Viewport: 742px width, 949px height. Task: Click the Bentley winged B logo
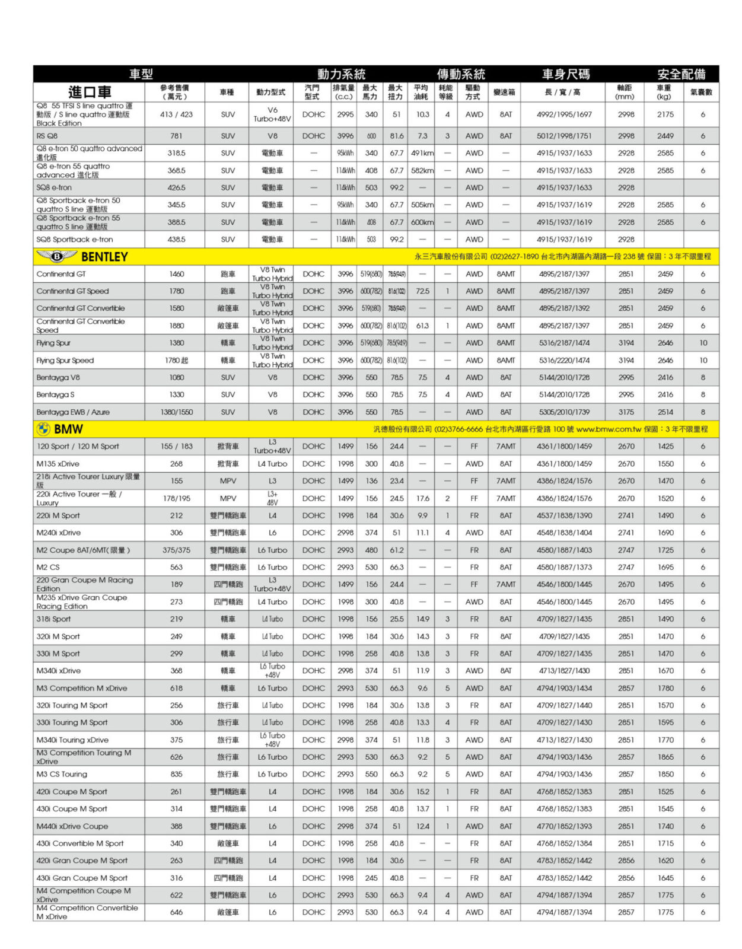point(56,256)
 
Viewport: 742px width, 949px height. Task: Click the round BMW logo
point(43,428)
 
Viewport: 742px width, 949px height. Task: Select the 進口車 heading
point(90,92)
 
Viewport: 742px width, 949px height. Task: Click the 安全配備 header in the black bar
point(681,74)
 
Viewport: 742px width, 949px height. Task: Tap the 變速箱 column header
point(504,93)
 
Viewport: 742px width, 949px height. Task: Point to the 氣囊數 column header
point(701,93)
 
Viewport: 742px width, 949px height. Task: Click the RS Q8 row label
point(47,136)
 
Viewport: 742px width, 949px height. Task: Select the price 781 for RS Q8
point(176,136)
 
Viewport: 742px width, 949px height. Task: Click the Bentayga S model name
point(55,394)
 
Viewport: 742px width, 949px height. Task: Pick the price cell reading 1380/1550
point(176,412)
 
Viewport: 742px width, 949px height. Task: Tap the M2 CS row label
point(48,567)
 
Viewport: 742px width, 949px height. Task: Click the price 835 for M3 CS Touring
point(176,774)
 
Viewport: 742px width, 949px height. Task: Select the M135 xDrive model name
point(58,464)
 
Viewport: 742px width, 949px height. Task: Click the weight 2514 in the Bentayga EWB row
point(665,412)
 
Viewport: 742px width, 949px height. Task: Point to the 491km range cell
point(422,153)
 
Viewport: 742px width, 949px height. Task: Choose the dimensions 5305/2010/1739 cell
point(564,412)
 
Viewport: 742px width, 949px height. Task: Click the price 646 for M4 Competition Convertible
point(176,912)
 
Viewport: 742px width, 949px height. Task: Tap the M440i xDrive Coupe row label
point(72,826)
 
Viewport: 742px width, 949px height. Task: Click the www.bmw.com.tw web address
point(609,429)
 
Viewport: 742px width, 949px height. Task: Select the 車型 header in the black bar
point(141,74)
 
